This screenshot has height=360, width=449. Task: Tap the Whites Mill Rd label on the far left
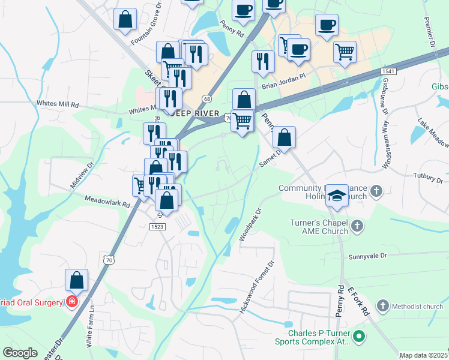(58, 104)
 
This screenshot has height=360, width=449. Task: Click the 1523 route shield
(157, 226)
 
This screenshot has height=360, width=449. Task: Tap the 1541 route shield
(387, 71)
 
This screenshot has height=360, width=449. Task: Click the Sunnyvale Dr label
(369, 256)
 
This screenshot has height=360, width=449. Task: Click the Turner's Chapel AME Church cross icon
(357, 226)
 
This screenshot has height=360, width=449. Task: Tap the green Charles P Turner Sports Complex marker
(359, 336)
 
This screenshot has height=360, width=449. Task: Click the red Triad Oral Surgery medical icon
(72, 301)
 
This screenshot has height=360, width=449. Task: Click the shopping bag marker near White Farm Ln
(76, 280)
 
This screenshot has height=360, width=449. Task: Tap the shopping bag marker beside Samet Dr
(284, 137)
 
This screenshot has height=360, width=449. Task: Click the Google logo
(20, 353)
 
